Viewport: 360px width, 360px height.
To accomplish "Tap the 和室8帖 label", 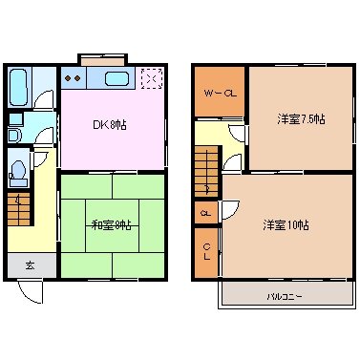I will pos(112,224).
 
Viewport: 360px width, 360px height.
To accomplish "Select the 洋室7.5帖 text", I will pos(302,118).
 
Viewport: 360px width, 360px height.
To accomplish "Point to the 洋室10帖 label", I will pos(286,224).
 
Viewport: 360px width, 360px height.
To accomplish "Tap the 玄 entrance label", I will pos(30,265).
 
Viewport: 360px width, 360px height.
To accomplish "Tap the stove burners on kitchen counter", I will pos(74,78).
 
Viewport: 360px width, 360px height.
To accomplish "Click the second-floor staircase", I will pos(204,167).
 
